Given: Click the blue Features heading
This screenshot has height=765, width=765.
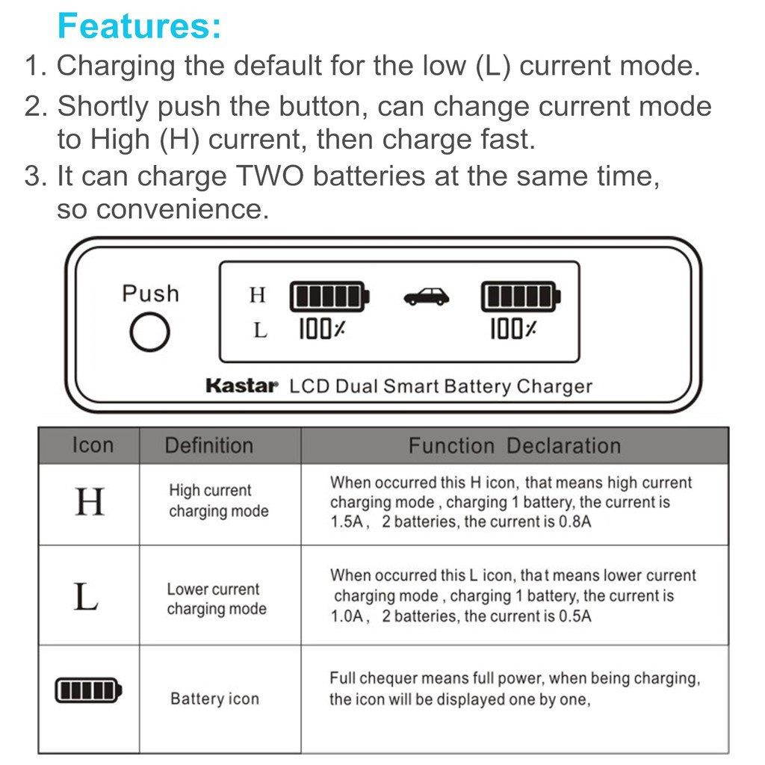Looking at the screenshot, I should point(139,26).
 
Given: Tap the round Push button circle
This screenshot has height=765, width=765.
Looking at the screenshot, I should point(149,332).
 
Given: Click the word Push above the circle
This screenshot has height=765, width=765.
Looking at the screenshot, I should point(150,293).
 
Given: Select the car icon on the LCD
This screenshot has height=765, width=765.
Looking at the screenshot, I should point(427,297).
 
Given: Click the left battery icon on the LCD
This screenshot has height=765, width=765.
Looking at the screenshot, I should point(329,297).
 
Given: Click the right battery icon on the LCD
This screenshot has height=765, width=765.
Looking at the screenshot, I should point(521,297).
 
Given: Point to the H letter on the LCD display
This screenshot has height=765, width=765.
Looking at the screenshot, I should point(258,296).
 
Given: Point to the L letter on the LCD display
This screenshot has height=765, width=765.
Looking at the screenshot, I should point(259,330).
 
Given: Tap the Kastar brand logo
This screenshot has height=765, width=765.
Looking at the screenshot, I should point(241,386).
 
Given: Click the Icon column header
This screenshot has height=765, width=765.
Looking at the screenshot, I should point(93,445).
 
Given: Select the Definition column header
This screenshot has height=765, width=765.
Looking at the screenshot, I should point(208,446).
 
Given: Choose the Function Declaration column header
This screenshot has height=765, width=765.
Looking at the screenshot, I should point(514,446).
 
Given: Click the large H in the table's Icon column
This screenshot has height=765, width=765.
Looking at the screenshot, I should point(90,502).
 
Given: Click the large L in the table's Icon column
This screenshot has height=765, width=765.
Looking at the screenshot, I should point(87,596).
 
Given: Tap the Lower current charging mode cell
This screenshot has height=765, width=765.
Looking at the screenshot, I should point(216,599).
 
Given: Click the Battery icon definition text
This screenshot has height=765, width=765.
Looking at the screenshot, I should point(214,699).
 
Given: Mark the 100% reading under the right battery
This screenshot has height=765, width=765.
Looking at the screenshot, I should point(512,329).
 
